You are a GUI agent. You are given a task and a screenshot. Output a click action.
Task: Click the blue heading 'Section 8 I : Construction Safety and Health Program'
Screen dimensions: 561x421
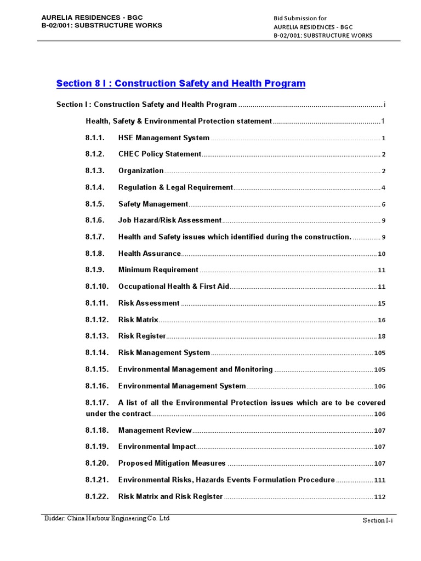coord(181,84)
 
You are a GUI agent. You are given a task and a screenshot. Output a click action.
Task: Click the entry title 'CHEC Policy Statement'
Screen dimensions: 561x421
coord(160,154)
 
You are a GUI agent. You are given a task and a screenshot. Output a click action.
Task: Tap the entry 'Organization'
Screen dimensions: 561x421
coord(141,171)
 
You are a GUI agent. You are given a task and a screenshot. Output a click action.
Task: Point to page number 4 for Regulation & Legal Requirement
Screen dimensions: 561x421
coord(384,188)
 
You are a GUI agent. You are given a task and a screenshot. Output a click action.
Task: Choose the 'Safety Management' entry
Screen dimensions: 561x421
coord(153,204)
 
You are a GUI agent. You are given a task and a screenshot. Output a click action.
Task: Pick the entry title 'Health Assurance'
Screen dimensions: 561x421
coord(149,254)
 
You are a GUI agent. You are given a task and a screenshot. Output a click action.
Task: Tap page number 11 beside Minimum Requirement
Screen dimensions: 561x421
coord(382,270)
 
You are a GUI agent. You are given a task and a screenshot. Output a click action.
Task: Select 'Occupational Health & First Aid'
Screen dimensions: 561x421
coord(174,287)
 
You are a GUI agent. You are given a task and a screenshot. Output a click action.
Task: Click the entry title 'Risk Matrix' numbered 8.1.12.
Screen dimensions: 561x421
coord(138,320)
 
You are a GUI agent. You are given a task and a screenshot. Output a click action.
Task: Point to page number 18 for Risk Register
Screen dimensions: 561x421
coord(382,336)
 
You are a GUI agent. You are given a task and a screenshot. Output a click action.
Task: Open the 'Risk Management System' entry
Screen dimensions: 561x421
coord(164,353)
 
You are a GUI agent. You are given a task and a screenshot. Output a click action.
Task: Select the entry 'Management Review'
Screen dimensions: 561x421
coord(155,431)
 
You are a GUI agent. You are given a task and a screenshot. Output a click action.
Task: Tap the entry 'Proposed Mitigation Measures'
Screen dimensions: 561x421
coord(172,463)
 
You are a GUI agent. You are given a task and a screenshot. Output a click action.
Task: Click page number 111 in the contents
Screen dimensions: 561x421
coord(380,480)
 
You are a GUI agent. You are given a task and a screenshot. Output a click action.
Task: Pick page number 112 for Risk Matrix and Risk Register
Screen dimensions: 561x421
coord(380,497)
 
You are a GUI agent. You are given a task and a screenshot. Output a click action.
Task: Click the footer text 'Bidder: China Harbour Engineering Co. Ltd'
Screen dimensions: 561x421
coord(107,518)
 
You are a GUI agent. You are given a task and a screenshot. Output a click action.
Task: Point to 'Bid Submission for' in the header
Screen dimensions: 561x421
coord(300,18)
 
